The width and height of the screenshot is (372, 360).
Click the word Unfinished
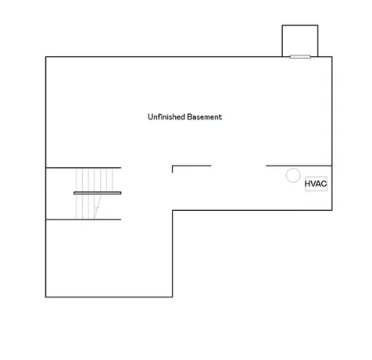point(166,117)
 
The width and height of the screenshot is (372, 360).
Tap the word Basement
point(205,117)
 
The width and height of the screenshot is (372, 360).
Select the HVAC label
point(316,184)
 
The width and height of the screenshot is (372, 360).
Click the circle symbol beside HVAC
point(293,175)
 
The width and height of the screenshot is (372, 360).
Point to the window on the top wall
point(300,57)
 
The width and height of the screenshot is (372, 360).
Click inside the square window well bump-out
point(300,41)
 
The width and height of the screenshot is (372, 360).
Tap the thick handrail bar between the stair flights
point(98,193)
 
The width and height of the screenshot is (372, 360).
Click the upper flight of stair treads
point(94,180)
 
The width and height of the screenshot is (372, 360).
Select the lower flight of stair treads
point(88,206)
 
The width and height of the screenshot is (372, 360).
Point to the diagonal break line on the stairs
point(98,207)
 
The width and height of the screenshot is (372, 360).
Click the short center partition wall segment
point(191,166)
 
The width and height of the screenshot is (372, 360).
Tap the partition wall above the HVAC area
point(299,166)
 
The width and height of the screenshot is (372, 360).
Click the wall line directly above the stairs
point(84,168)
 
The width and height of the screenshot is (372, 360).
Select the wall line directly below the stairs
point(84,219)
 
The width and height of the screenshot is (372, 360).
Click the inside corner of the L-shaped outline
point(173,210)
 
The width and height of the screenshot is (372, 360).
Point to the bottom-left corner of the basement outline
point(46,297)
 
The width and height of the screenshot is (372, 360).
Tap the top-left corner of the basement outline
point(46,57)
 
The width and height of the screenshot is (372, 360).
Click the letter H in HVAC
point(307,184)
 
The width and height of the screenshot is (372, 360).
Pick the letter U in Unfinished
point(150,117)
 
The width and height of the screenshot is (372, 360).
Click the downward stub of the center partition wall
point(172,169)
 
